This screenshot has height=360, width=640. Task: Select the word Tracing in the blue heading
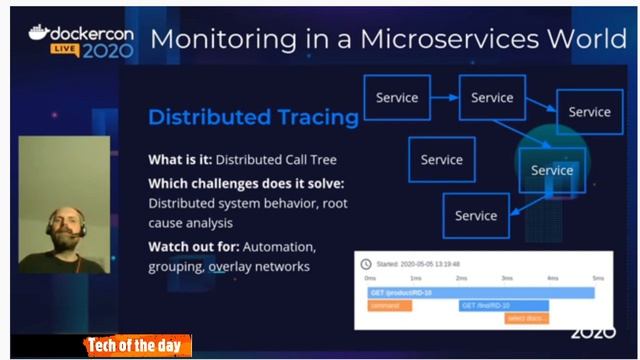coord(313,118)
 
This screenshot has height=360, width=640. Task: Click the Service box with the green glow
coord(552,170)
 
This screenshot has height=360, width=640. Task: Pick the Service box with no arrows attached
coord(441,159)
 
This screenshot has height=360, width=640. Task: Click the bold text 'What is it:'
coord(180,159)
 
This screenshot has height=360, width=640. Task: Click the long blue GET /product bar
coord(480,292)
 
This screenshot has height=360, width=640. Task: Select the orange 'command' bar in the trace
coord(389,305)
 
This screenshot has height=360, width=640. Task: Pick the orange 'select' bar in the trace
coord(526,318)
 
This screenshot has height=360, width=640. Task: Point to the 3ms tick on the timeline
coord(507,278)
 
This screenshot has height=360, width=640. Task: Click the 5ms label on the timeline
coord(598,278)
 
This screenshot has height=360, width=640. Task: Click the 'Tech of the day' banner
coord(136,346)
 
